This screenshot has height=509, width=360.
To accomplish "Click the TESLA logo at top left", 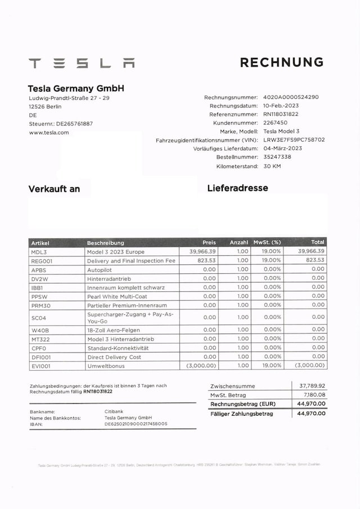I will coord(82,63).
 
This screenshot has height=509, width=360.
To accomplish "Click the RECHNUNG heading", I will coord(281,62).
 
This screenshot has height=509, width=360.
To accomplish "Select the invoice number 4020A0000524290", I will coord(291,97).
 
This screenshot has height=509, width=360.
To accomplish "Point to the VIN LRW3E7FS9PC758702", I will coord(294,139).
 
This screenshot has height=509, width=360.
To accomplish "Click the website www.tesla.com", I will coord(49,133).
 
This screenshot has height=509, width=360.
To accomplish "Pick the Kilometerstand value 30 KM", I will coord(272,166).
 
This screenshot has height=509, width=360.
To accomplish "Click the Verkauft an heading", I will coord(54,189).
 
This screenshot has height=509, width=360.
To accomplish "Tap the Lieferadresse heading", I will coord(237,188).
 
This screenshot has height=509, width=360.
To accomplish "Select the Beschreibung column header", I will coord(106,242).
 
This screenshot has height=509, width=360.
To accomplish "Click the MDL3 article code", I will coord(39,252).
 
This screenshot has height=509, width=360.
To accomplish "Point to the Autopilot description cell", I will coord(100,269).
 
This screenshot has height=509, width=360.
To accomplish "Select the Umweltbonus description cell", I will coord(106,366).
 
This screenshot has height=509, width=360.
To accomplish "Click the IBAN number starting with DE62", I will coord(136,424).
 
